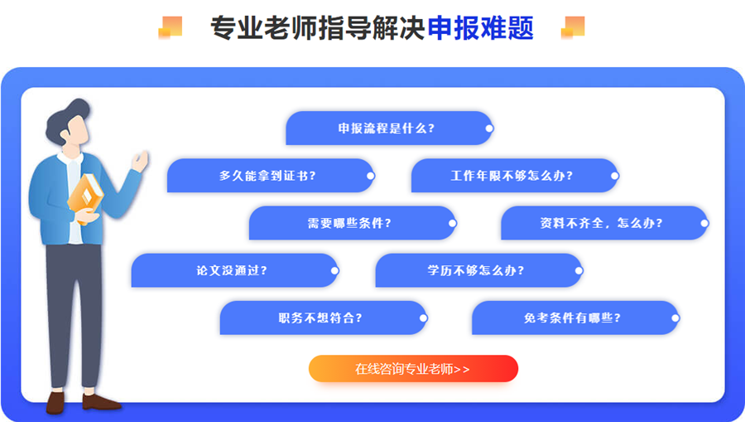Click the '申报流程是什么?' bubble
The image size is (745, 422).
(387, 129)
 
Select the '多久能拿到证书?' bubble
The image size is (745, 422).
(268, 176)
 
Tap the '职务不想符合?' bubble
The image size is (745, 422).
(320, 318)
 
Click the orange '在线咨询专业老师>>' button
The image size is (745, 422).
(413, 369)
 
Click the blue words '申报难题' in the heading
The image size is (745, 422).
(480, 28)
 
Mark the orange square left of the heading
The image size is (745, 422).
(171, 27)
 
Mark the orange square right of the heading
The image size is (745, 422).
(573, 27)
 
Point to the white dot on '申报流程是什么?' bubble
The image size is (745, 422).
(489, 129)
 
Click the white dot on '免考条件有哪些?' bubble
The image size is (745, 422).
(675, 318)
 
